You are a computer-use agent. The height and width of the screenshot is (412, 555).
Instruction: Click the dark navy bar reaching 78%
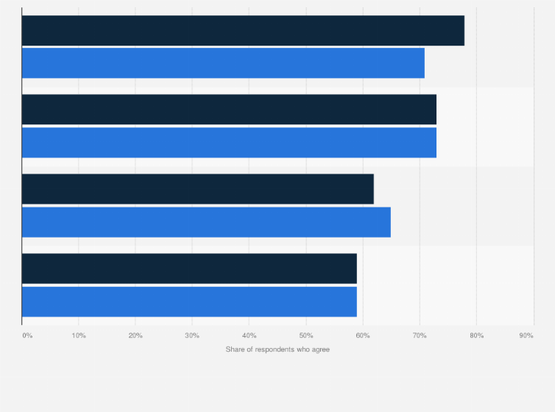click(243, 31)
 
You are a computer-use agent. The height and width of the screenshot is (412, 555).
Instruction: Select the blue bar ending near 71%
click(223, 63)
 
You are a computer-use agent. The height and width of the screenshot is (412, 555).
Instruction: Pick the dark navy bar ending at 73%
click(229, 110)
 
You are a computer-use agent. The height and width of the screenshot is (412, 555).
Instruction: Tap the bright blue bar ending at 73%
click(229, 143)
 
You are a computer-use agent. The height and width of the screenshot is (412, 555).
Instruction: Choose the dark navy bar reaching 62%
click(197, 189)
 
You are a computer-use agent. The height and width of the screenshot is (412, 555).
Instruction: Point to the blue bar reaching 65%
click(206, 222)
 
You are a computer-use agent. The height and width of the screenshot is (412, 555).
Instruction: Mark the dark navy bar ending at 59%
click(189, 269)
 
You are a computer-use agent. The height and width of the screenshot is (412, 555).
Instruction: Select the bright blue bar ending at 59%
click(189, 302)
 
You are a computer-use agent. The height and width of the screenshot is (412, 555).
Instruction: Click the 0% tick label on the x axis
click(27, 336)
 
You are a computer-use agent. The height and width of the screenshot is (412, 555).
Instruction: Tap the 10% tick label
click(79, 336)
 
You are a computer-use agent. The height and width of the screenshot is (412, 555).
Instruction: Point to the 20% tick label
click(135, 336)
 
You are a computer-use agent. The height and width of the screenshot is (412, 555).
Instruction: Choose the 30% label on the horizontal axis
click(192, 336)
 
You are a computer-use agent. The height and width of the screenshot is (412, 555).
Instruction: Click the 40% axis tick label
click(249, 336)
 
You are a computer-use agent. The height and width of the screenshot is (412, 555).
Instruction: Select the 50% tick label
click(306, 336)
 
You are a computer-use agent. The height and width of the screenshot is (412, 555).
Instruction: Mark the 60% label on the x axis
click(363, 336)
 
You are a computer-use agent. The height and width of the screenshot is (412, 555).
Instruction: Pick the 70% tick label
click(420, 336)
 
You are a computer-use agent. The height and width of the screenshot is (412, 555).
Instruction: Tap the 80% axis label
click(476, 336)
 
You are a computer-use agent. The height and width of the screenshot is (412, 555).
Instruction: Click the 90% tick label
click(526, 336)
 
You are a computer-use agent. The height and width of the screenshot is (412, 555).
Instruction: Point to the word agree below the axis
click(321, 349)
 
